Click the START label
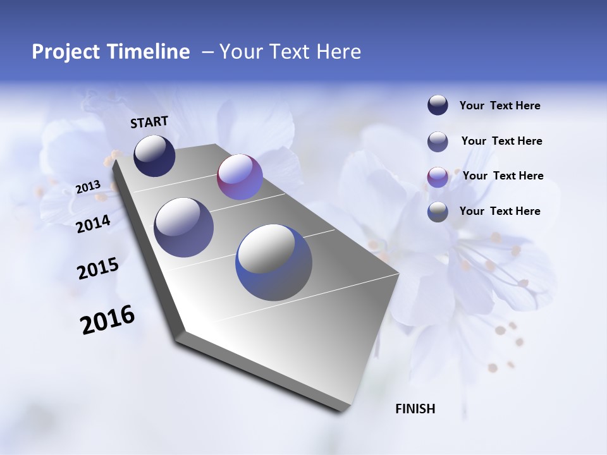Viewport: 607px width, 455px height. click(149, 122)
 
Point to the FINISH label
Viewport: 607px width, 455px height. click(415, 409)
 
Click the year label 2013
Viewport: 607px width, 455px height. click(88, 187)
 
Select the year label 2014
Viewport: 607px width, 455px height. click(94, 224)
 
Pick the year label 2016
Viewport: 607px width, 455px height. click(107, 320)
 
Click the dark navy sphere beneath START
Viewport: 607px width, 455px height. click(154, 155)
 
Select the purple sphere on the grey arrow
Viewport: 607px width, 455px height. click(240, 177)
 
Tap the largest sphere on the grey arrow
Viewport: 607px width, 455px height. click(274, 262)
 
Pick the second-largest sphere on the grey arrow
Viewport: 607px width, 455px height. click(184, 227)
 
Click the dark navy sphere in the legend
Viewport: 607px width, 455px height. click(438, 106)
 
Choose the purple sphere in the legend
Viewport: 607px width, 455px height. click(438, 177)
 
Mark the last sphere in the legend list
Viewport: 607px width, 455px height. click(438, 212)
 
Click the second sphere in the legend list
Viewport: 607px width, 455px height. click(438, 142)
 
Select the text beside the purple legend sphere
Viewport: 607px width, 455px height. click(503, 176)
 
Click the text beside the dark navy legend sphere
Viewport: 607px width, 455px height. click(500, 106)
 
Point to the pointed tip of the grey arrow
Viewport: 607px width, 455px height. click(345, 411)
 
